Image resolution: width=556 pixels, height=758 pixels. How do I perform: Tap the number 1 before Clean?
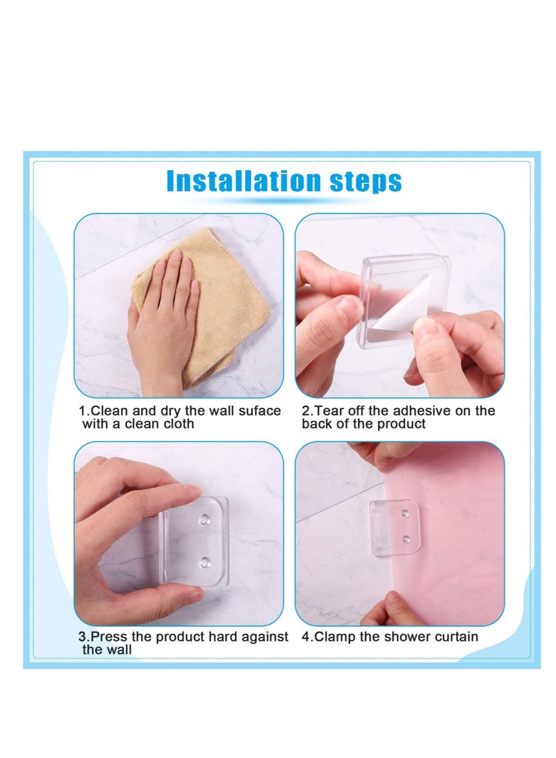point(81,411)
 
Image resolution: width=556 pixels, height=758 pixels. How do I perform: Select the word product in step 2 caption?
point(402,424)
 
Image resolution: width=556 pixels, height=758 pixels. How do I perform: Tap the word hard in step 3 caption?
point(212,636)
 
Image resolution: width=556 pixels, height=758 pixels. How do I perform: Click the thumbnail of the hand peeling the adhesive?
point(400,306)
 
